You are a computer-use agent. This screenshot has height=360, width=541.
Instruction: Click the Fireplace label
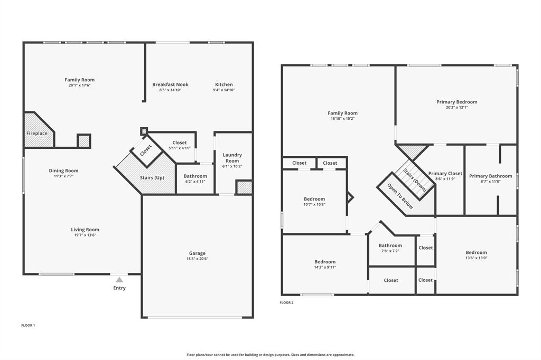pyautogui.click(x=37, y=134)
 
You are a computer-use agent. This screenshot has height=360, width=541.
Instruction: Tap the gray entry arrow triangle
pyautogui.click(x=119, y=280)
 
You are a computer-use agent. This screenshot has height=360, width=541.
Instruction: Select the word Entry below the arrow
pyautogui.click(x=119, y=288)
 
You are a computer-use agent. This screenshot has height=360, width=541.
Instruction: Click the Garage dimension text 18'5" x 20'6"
pyautogui.click(x=198, y=259)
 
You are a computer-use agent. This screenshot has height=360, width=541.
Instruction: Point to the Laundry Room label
pyautogui.click(x=232, y=158)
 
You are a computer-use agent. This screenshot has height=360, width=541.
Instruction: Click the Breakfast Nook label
pyautogui.click(x=170, y=84)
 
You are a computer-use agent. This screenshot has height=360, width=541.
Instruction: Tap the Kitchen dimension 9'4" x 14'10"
pyautogui.click(x=224, y=90)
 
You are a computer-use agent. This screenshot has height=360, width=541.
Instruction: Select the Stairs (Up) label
pyautogui.click(x=152, y=177)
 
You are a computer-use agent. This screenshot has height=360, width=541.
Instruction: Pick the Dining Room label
pyautogui.click(x=64, y=170)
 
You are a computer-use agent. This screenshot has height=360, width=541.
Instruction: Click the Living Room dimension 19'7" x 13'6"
pyautogui.click(x=85, y=235)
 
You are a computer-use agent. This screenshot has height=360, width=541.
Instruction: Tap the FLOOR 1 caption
pyautogui.click(x=28, y=325)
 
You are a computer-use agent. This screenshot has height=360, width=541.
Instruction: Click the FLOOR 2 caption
pyautogui.click(x=286, y=302)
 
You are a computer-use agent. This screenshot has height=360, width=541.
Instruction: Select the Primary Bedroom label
pyautogui.click(x=456, y=102)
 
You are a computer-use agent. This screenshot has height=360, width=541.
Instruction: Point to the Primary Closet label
pyautogui.click(x=445, y=173)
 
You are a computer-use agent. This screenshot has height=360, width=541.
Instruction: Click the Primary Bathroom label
pyautogui.click(x=490, y=176)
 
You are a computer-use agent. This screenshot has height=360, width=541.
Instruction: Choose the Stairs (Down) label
pyautogui.click(x=414, y=175)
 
